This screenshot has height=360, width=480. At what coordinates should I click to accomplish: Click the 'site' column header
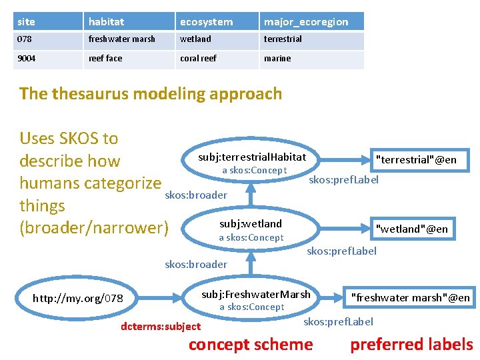coord(27,22)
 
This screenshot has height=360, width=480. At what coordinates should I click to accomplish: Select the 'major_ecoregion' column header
coord(306,22)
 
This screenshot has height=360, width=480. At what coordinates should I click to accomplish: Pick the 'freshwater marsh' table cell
coord(122,39)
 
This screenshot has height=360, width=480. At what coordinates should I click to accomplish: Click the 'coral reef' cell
coord(198,59)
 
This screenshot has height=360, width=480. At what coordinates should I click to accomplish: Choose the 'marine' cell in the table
coord(277,59)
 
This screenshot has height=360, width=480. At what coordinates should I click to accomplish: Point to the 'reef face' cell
coord(105,59)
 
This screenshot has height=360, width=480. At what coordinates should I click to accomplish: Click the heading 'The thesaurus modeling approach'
coord(151,93)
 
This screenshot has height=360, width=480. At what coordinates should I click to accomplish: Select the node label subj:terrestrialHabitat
coord(252,157)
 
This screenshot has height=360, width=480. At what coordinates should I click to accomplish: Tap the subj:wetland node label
coord(251,224)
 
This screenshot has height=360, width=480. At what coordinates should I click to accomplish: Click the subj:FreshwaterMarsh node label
coord(256,294)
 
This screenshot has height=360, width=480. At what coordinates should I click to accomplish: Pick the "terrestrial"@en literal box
coord(416,159)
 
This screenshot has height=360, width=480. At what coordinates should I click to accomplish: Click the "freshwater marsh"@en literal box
coord(410,297)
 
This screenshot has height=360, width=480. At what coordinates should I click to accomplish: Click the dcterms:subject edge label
coord(160,327)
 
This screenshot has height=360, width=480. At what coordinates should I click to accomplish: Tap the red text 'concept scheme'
coord(251,345)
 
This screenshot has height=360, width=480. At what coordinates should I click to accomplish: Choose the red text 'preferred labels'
coord(411,345)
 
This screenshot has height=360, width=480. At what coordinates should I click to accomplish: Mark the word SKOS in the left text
coord(81,139)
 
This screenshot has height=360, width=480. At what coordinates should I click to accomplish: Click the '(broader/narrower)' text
coord(93,228)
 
